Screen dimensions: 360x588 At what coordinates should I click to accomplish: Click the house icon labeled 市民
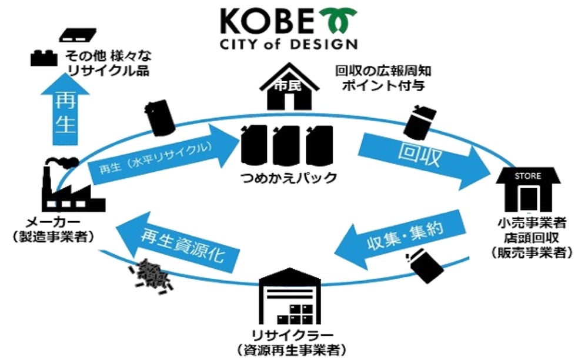tap(288, 89)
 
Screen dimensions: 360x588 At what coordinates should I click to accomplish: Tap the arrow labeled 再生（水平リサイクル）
tap(159, 160)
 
